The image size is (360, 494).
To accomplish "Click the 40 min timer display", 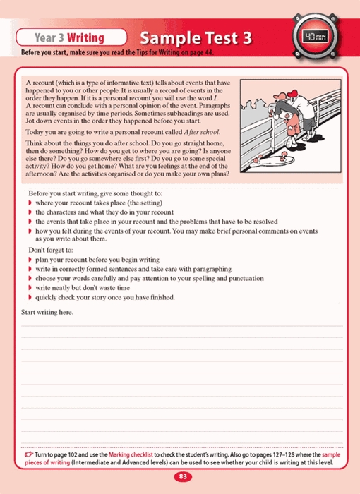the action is pyautogui.click(x=315, y=37).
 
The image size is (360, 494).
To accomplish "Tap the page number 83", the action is pyautogui.click(x=183, y=476).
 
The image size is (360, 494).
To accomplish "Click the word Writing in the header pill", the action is pyautogui.click(x=85, y=38).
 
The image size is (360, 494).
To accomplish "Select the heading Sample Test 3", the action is pyautogui.click(x=196, y=38).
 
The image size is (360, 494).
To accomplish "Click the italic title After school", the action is pyautogui.click(x=202, y=132).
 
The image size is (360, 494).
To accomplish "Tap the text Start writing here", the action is pyautogui.click(x=47, y=312).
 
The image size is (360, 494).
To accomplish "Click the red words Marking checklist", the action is pyautogui.click(x=131, y=454).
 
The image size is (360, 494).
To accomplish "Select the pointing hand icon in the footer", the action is pyautogui.click(x=29, y=454).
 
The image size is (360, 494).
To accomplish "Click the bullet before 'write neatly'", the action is pyautogui.click(x=30, y=288).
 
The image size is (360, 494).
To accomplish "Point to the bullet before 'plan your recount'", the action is pyautogui.click(x=30, y=260).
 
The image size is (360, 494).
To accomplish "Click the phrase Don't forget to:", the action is pyautogui.click(x=51, y=250).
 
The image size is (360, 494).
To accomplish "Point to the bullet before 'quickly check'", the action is pyautogui.click(x=30, y=297).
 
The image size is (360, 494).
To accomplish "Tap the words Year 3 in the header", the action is pyautogui.click(x=49, y=38).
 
